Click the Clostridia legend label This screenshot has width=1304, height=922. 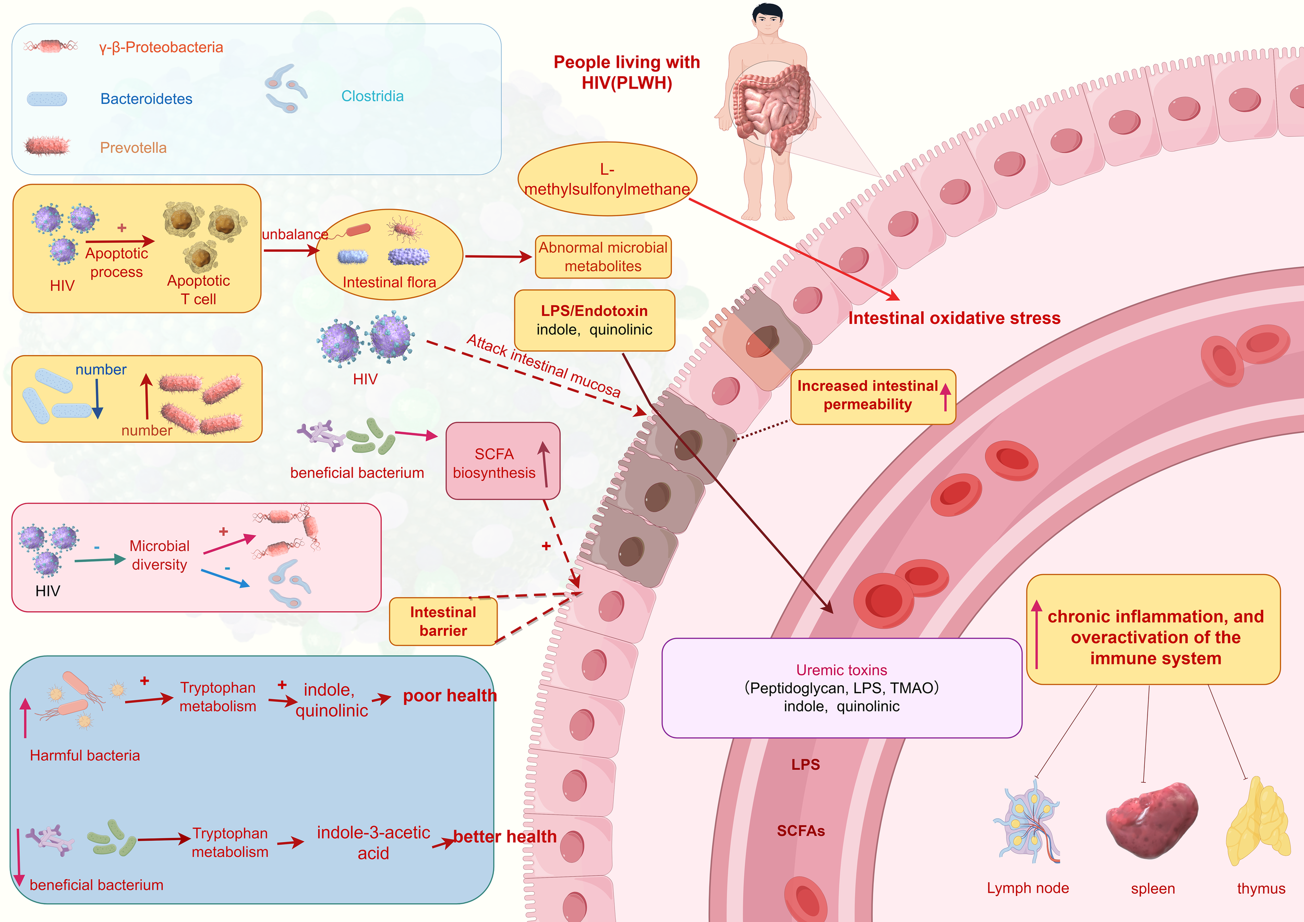click(372, 96)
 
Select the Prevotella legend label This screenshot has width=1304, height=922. click(133, 148)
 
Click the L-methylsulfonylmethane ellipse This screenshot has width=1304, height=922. click(607, 179)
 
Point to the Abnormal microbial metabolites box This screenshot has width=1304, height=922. click(602, 257)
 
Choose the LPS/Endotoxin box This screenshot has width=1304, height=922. click(594, 320)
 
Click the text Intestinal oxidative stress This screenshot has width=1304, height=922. click(953, 318)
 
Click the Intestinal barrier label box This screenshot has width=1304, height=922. click(443, 621)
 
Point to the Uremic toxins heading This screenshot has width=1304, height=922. click(841, 670)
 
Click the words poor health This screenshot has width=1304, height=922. click(449, 696)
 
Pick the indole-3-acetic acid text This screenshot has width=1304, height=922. click(373, 843)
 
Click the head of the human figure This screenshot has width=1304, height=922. click(767, 20)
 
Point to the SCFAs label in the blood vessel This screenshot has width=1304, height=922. click(800, 831)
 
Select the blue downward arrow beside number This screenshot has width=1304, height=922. click(97, 399)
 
